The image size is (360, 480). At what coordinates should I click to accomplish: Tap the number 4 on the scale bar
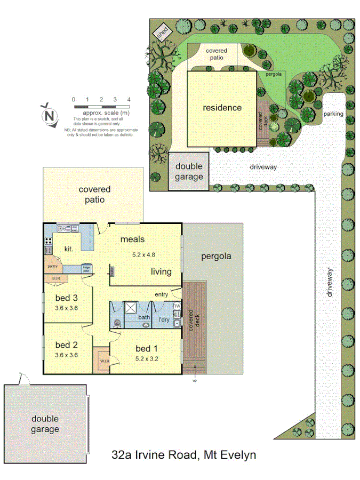click(x=129, y=99)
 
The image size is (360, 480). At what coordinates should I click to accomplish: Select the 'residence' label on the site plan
click(x=222, y=108)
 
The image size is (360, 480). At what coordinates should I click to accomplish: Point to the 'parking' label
click(x=333, y=114)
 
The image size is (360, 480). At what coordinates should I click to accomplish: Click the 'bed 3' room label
click(x=67, y=299)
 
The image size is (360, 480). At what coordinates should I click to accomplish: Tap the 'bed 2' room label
click(x=67, y=345)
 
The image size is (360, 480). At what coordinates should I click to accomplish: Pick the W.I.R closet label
click(x=103, y=361)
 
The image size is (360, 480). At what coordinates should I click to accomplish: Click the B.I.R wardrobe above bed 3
click(x=57, y=278)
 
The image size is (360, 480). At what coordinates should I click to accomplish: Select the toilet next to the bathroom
click(x=117, y=323)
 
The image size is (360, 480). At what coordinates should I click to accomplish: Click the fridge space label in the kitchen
click(x=86, y=268)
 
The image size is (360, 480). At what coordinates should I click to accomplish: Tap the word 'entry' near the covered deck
click(x=161, y=294)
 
